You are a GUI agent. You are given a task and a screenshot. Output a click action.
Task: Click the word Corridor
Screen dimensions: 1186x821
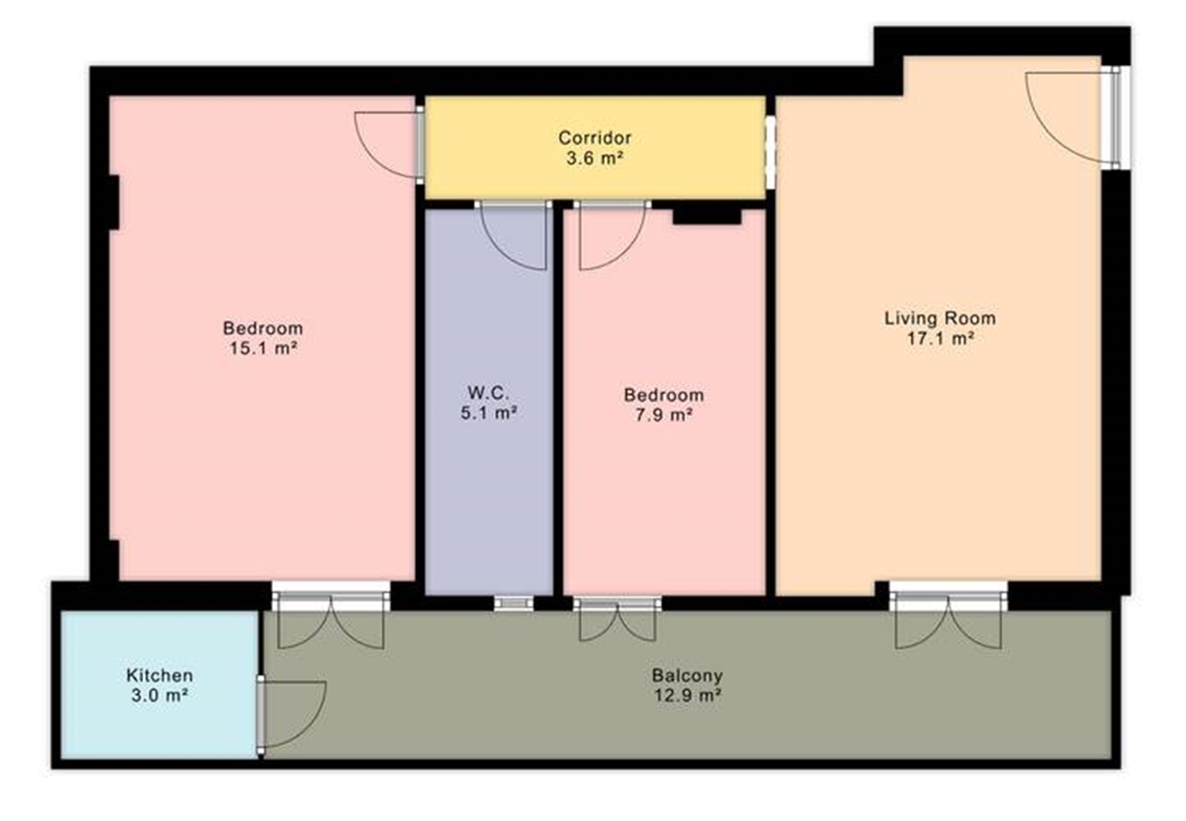(x=595, y=138)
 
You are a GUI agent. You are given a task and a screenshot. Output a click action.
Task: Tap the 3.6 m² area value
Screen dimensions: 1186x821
(x=594, y=159)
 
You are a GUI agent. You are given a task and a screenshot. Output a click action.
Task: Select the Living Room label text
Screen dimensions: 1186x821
(x=940, y=318)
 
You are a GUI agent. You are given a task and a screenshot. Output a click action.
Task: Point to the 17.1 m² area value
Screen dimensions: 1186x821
(x=941, y=338)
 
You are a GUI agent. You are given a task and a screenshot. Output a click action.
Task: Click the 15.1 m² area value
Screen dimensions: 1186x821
(x=263, y=348)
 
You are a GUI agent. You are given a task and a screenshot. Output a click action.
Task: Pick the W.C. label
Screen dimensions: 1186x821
(x=488, y=393)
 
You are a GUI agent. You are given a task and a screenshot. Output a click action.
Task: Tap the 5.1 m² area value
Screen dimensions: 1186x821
(x=488, y=413)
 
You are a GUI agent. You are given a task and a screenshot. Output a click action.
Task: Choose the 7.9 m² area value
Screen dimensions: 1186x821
(x=664, y=415)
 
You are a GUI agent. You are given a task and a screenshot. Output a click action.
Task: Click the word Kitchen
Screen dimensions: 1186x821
(x=160, y=675)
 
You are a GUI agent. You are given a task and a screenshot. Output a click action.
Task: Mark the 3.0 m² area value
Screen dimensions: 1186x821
(x=160, y=695)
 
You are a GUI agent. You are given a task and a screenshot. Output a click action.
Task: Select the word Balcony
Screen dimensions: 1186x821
(x=687, y=675)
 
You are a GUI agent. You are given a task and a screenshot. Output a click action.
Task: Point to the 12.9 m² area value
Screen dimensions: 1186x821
(x=687, y=695)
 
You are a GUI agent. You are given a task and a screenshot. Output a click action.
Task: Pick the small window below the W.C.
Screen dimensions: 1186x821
(x=514, y=603)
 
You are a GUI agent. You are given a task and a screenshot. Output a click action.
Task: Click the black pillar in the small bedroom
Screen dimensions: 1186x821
(x=707, y=216)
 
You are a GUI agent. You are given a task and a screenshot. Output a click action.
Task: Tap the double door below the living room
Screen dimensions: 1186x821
(x=948, y=620)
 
